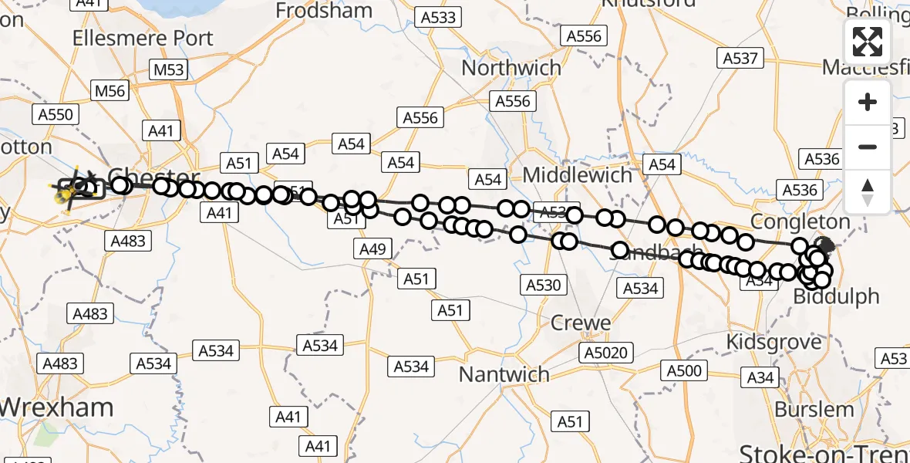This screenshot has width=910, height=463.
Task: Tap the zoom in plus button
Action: pyautogui.click(x=868, y=102)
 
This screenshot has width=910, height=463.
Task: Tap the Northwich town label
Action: pyautogui.click(x=511, y=68)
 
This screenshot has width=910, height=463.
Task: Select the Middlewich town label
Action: pyautogui.click(x=578, y=175)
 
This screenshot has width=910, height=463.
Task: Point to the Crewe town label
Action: pyautogui.click(x=581, y=323)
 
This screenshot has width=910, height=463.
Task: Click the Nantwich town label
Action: pyautogui.click(x=504, y=375)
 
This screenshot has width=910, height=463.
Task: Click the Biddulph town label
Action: pyautogui.click(x=836, y=297)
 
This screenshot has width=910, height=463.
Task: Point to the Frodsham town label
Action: pyautogui.click(x=324, y=11)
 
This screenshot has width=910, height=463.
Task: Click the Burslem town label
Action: pyautogui.click(x=814, y=409)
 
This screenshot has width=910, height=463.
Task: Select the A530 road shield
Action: pyautogui.click(x=543, y=285)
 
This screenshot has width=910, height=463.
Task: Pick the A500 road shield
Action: pyautogui.click(x=684, y=371)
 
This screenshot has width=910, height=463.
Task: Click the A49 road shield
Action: pyautogui.click(x=374, y=248)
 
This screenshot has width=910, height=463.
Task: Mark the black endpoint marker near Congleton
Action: pyautogui.click(x=824, y=246)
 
